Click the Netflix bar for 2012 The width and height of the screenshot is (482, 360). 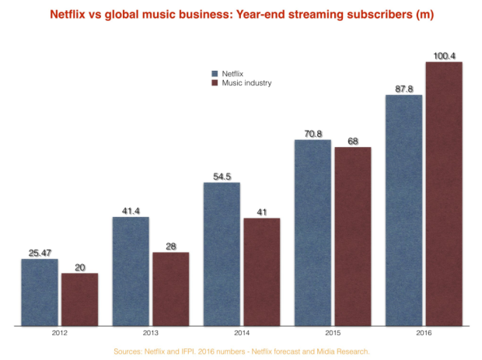coord(40,292)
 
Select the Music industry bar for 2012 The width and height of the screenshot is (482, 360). coord(79,299)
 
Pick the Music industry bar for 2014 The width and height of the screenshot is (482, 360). coord(262,271)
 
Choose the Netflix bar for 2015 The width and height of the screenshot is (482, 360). coord(313,232)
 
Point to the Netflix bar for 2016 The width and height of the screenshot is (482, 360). coord(403,210)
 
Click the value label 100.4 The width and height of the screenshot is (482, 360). coord(444,55)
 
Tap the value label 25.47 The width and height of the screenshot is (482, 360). coord(40,253)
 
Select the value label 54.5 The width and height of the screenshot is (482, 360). coord(222,177)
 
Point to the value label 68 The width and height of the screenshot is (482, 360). coord(352,141)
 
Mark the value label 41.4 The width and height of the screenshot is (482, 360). coord(131,211)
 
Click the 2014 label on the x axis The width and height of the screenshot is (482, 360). coord(241,332)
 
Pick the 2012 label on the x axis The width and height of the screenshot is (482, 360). coord(59,332)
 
